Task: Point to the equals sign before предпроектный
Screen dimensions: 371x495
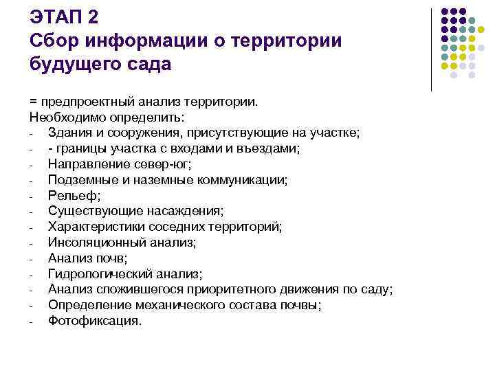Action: coord(34,102)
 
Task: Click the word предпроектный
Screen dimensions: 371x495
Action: coord(81,102)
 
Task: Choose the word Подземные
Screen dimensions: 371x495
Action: coord(79,180)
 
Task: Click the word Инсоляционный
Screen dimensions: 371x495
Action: coord(93,243)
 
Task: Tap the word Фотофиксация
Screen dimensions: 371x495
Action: coord(93,321)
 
